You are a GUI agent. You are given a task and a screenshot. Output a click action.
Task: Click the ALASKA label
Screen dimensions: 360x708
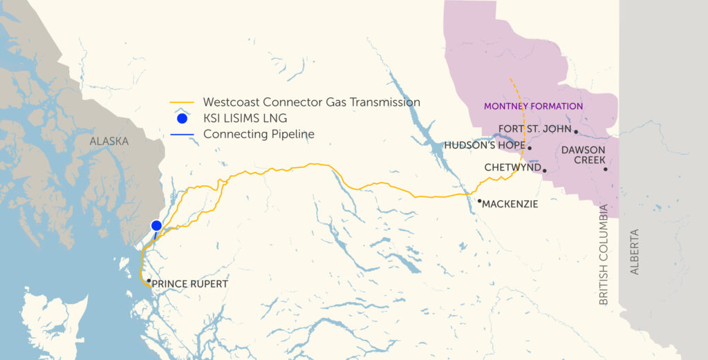tap(109, 141)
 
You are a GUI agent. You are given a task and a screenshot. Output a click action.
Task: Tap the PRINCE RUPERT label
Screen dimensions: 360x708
tap(189, 284)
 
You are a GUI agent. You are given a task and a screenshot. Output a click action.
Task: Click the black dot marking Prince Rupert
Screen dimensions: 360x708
tap(149, 281)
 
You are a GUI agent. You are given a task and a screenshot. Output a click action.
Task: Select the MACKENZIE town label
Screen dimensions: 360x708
tap(510, 205)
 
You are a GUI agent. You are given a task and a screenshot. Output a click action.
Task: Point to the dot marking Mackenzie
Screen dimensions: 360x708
tap(479, 201)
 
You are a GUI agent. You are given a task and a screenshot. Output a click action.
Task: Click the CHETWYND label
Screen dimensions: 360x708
tap(512, 168)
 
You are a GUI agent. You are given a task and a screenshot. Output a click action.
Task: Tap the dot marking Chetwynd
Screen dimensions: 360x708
tap(545, 170)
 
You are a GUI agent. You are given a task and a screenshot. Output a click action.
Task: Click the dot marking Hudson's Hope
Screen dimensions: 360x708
tap(530, 148)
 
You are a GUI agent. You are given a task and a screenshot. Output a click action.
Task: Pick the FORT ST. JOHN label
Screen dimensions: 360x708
tap(534, 129)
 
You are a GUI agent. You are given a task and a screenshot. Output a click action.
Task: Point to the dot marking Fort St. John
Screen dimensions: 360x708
tap(576, 131)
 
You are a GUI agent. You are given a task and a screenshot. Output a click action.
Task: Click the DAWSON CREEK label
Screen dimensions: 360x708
tap(584, 155)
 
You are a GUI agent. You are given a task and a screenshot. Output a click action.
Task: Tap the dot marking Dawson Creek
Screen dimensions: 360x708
tap(605, 169)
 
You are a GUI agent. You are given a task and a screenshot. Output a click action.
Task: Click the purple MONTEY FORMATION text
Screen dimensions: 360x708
tap(533, 106)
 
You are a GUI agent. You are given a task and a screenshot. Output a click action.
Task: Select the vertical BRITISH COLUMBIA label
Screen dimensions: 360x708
tap(604, 254)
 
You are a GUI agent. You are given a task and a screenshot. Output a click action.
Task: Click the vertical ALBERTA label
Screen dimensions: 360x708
tap(635, 252)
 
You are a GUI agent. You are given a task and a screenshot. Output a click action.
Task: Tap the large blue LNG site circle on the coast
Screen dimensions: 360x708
tap(156, 225)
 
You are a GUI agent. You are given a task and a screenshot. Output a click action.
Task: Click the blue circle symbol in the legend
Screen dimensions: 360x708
tap(182, 118)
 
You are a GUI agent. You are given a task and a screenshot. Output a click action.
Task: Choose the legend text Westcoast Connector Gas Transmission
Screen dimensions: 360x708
tap(312, 102)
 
